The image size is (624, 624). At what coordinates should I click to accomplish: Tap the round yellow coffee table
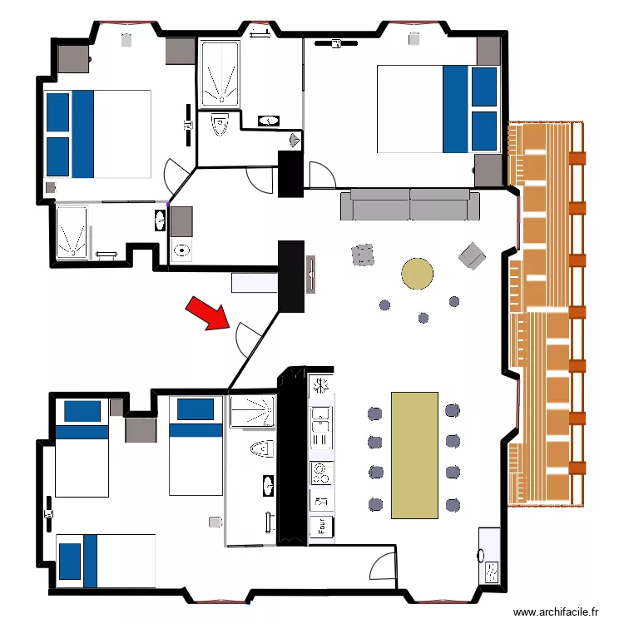tap(418, 273)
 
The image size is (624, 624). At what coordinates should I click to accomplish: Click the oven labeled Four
tap(321, 526)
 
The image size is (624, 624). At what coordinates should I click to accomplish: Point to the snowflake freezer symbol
tap(319, 385)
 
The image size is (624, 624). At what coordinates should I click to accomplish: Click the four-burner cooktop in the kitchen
tap(321, 473)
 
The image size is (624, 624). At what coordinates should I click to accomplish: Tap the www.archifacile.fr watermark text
tap(556, 612)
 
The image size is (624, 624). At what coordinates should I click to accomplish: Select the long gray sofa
tap(410, 205)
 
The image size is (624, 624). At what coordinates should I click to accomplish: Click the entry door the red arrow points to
tap(248, 336)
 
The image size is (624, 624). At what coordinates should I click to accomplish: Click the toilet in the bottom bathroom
tap(260, 449)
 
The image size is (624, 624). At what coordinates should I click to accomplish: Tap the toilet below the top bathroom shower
tap(220, 125)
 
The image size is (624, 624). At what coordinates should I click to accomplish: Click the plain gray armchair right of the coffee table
tap(472, 256)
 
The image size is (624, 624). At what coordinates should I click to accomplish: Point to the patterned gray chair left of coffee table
tap(363, 255)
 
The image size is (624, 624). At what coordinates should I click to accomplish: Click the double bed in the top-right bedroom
tap(438, 109)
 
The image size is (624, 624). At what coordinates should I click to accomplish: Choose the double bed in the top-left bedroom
tap(98, 134)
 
